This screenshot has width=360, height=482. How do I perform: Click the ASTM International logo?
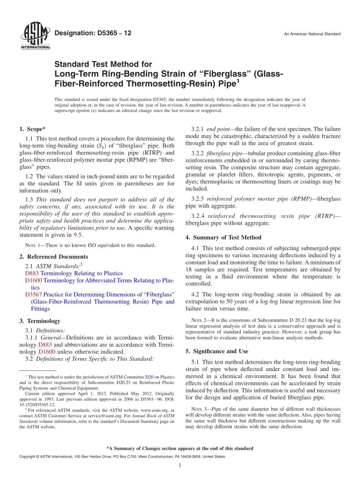click(x=35, y=36)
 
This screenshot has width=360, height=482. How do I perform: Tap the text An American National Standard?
click(x=312, y=34)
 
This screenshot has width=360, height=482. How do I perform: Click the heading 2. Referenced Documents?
click(x=53, y=257)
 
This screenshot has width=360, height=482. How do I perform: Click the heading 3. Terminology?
click(x=40, y=321)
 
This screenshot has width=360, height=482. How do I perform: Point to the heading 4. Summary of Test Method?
click(x=223, y=238)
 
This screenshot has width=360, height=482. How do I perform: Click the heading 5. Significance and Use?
click(x=217, y=351)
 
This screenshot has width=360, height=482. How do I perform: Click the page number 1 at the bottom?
click(x=180, y=465)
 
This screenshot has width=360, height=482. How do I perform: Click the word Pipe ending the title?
click(x=226, y=83)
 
